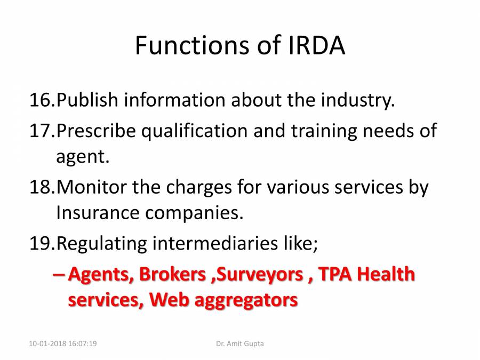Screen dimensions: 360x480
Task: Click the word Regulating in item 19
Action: coord(101,243)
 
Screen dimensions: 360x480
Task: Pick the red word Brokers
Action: coord(172,274)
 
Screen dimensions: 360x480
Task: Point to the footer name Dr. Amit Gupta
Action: coord(240,344)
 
